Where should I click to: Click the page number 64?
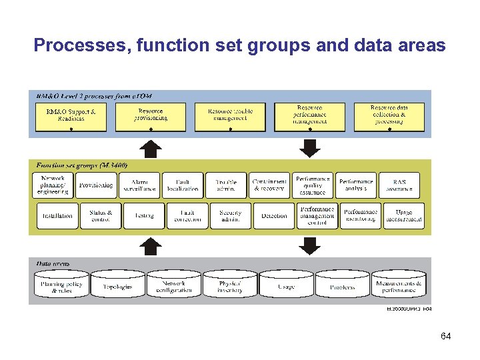point(445,336)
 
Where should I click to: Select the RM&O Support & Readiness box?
point(70,116)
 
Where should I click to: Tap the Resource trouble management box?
point(229,116)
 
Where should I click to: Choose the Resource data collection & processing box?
point(389,116)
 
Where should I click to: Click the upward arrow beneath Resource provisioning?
point(152,148)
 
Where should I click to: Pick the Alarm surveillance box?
point(140,185)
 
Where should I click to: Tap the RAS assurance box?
point(399,185)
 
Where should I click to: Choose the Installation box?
point(57,216)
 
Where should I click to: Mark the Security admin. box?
point(230,216)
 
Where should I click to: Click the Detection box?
point(273,216)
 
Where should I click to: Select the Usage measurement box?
point(403,216)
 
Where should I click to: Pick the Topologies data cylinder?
point(117,286)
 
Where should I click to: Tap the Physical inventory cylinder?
point(230,286)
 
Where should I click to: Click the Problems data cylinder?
point(342,286)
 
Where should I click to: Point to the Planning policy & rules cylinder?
point(61,286)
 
